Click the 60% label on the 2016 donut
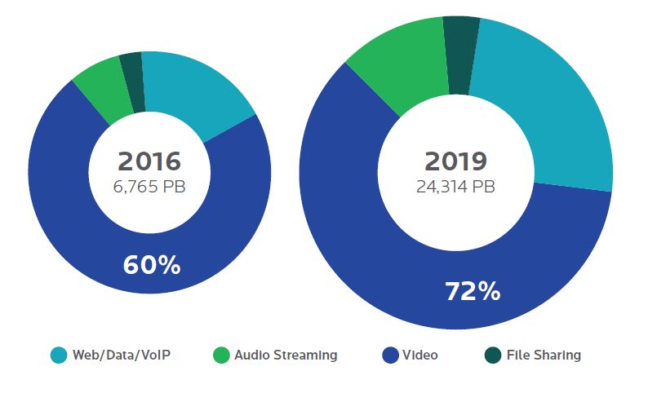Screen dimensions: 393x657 tap(151, 265)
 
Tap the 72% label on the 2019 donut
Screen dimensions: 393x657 tap(473, 291)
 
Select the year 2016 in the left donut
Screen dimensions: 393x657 tap(149, 161)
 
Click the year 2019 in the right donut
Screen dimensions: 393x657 tap(455, 161)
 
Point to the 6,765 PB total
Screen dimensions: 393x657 tap(149, 187)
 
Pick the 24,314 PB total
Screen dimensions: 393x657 tap(455, 187)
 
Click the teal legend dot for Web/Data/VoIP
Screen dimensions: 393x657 tap(58, 355)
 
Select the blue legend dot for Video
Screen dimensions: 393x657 tap(389, 355)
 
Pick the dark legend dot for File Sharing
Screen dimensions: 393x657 tap(492, 355)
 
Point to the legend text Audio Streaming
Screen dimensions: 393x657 tap(285, 355)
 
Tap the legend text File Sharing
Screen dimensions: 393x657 tap(544, 355)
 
